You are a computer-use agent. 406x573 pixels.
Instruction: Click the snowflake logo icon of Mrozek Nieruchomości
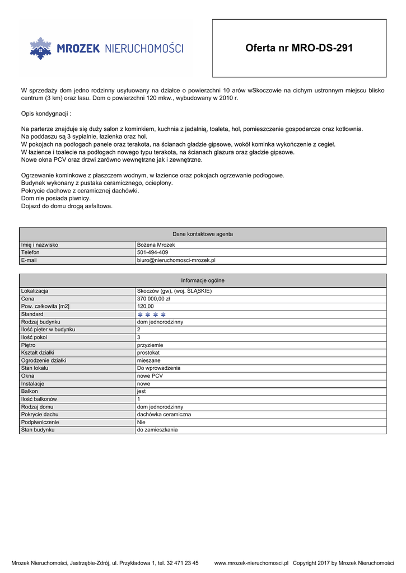40,49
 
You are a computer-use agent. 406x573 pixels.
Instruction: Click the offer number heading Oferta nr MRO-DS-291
299,48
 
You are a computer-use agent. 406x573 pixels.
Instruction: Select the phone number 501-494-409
152,252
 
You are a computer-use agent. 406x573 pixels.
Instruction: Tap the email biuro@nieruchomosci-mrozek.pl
176,260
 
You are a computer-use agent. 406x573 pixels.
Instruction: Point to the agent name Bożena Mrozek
156,245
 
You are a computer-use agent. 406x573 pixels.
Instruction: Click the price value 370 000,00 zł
153,299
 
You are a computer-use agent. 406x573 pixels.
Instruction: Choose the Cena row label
28,299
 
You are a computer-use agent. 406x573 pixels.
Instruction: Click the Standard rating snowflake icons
151,314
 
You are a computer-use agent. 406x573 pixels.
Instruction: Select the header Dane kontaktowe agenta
203,234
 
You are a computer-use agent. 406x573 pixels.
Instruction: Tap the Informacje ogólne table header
203,280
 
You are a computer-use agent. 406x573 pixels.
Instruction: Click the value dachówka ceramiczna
164,415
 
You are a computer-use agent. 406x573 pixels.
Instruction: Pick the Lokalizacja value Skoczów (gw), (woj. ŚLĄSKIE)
174,291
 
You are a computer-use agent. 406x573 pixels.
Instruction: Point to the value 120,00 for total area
145,307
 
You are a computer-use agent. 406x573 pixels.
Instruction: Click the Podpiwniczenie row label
40,422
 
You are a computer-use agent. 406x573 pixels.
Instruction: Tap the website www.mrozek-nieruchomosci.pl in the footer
251,563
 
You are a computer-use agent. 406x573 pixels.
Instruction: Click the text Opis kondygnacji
45,114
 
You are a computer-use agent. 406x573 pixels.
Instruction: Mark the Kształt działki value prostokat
149,353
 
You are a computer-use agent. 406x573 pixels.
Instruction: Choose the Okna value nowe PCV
150,376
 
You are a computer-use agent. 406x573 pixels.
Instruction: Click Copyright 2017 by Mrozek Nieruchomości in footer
343,563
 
